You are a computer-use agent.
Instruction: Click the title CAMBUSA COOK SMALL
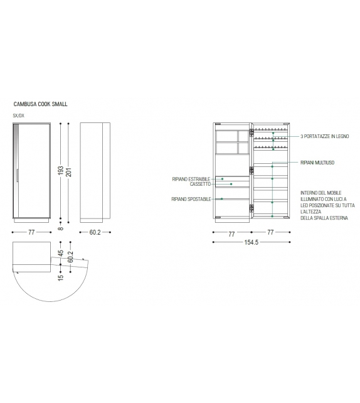point(41,104)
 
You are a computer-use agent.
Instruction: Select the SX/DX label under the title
point(18,116)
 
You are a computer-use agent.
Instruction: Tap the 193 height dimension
point(61,170)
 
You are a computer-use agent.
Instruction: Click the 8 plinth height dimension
point(61,228)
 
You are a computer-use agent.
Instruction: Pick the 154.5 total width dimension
point(251,242)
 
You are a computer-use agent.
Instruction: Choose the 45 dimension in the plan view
point(61,254)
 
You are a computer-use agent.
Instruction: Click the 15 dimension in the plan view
point(61,277)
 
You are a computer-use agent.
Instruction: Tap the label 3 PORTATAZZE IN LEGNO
point(325,136)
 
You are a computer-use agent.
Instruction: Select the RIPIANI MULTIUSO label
point(317,163)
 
